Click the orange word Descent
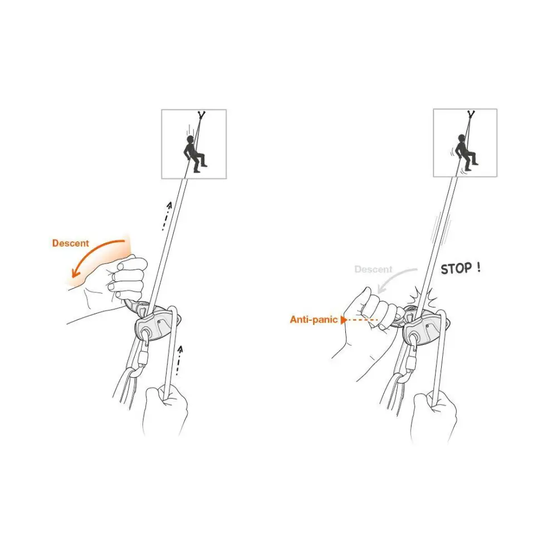pos(70,243)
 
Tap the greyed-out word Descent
pos(373,269)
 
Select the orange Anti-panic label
pos(314,319)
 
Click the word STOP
pos(456,268)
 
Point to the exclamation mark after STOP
pos(479,267)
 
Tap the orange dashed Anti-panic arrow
pos(359,320)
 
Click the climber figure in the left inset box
pos(194,154)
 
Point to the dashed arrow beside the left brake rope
pos(179,360)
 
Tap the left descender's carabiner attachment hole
pos(145,334)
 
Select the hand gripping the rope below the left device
pos(165,408)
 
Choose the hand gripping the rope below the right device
pos(433,416)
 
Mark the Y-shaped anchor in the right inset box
pos(471,114)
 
